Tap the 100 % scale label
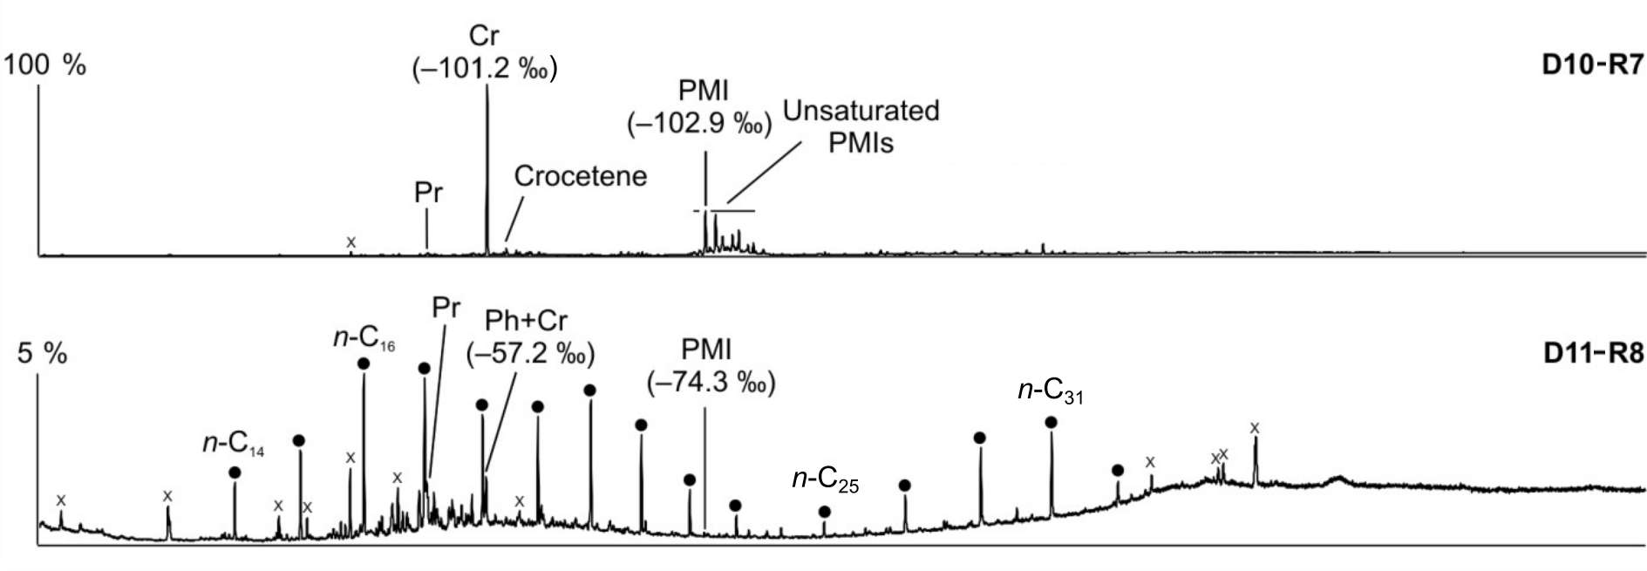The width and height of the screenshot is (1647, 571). pos(45,66)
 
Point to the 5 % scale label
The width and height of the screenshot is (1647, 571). pos(43,354)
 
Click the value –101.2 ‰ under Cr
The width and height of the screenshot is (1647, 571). pos(484,69)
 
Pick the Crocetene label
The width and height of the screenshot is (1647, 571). pos(580,176)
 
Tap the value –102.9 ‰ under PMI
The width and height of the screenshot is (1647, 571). pos(699,124)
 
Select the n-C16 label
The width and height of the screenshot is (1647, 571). pos(364,338)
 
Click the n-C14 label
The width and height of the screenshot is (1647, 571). pos(234,444)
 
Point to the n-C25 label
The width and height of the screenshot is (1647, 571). pos(825,480)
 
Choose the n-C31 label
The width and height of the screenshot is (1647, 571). pos(1050,391)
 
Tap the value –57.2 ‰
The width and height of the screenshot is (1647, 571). pos(530,355)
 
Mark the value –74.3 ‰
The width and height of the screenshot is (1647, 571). pos(711,383)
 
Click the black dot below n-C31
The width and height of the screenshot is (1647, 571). pos(1051,422)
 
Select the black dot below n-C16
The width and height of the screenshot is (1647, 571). pos(364,363)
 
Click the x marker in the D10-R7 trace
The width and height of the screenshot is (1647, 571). pos(351,241)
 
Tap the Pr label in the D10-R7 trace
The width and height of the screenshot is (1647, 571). pos(428,194)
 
